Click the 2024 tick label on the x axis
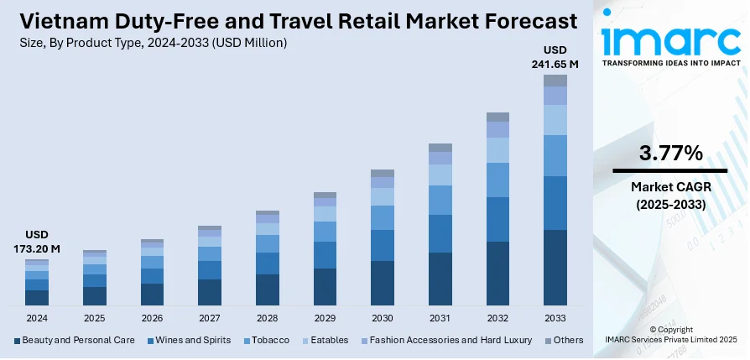[37, 318]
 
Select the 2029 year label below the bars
[325, 318]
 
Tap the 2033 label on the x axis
[555, 318]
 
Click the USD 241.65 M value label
[555, 55]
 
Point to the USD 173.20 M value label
[37, 241]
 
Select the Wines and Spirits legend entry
[189, 340]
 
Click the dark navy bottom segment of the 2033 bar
[555, 267]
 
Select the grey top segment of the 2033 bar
[555, 81]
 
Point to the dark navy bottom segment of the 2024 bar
[37, 296]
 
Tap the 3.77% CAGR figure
[669, 153]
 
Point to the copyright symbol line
[670, 330]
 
